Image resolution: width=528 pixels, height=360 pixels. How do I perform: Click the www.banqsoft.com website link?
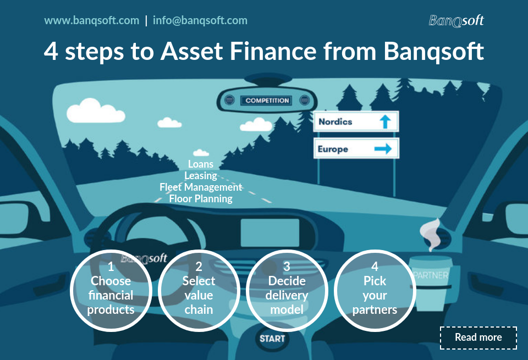pyautogui.click(x=91, y=21)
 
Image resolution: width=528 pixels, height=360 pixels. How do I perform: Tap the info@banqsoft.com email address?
pyautogui.click(x=200, y=21)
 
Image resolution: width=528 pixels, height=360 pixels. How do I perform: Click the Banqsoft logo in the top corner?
pyautogui.click(x=456, y=21)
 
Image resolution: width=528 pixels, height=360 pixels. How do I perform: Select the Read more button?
pyautogui.click(x=478, y=337)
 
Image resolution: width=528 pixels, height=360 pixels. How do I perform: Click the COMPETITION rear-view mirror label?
pyautogui.click(x=267, y=101)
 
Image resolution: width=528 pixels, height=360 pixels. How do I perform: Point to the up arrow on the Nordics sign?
pyautogui.click(x=385, y=121)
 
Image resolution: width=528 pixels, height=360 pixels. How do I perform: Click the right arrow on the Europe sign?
pyautogui.click(x=383, y=148)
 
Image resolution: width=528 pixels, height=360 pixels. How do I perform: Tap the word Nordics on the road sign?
pyautogui.click(x=335, y=121)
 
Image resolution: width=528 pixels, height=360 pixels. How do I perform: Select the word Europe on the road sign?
pyautogui.click(x=333, y=149)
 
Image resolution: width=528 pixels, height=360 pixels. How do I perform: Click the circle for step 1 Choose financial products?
pyautogui.click(x=111, y=291)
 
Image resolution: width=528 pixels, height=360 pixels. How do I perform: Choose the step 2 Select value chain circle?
pyautogui.click(x=199, y=291)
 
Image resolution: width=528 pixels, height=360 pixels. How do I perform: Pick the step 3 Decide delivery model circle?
pyautogui.click(x=287, y=291)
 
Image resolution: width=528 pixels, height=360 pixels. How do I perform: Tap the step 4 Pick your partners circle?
pyautogui.click(x=375, y=291)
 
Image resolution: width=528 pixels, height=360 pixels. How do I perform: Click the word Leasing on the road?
pyautogui.click(x=200, y=176)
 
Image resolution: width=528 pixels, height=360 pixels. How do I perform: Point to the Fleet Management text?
pyautogui.click(x=200, y=187)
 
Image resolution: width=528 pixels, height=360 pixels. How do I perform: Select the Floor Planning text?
pyautogui.click(x=200, y=199)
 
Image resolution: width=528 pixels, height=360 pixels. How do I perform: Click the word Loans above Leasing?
pyautogui.click(x=200, y=164)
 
